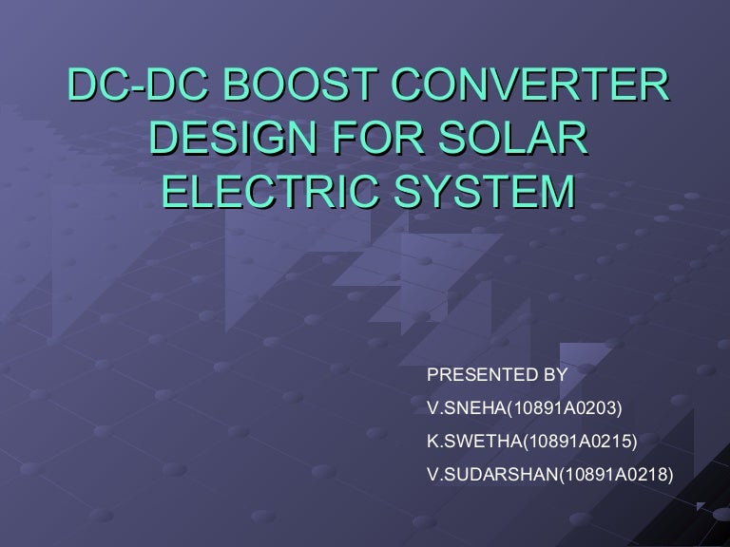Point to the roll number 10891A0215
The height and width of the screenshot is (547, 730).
pyautogui.click(x=578, y=441)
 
